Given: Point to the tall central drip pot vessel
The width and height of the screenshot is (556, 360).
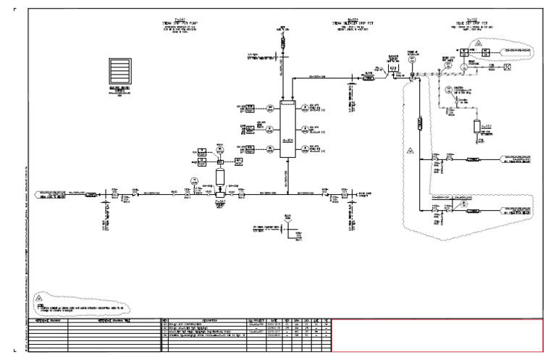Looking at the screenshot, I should [287, 129].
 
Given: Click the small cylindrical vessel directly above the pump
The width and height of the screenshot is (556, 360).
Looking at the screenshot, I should [221, 176].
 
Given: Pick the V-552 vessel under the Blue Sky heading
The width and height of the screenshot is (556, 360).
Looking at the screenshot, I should [478, 126].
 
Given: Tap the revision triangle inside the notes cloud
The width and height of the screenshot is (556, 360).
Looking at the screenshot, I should [41, 297].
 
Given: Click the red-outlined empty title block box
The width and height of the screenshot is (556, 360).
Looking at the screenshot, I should [437, 334].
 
